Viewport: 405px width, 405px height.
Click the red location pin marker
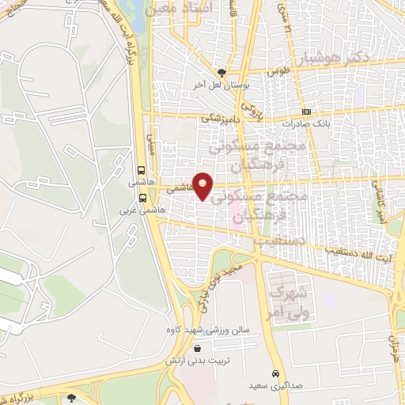pyautogui.click(x=203, y=185)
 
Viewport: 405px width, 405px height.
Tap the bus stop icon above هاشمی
pyautogui.click(x=141, y=170)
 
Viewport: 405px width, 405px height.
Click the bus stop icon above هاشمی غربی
pyautogui.click(x=142, y=199)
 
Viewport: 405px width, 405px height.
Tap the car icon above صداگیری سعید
pyautogui.click(x=275, y=373)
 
